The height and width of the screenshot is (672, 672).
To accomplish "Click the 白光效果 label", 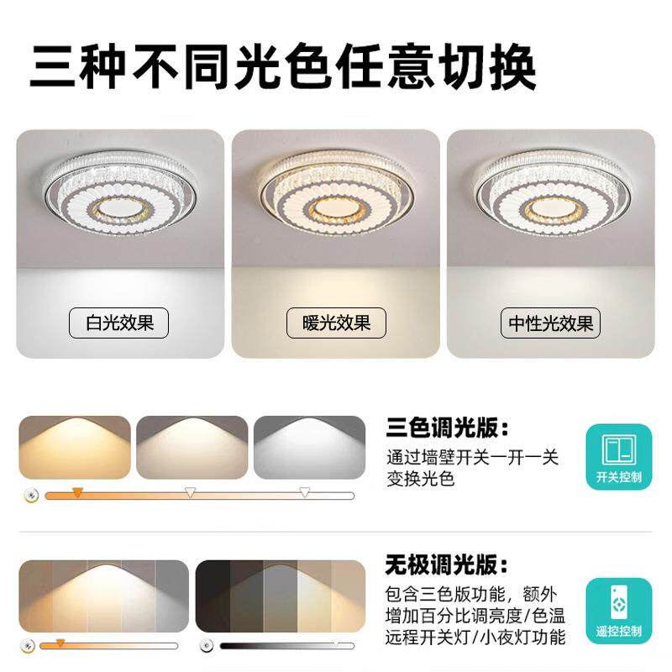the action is [118, 323].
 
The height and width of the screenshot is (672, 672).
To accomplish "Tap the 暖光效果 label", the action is [336, 323].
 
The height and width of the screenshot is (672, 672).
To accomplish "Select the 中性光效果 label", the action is [550, 323].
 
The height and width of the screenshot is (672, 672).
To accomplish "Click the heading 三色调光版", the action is [448, 428].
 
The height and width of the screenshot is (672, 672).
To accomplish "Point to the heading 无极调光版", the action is [447, 564].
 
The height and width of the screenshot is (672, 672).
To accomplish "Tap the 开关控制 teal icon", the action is [619, 457].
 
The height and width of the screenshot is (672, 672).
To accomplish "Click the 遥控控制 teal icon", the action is [619, 611].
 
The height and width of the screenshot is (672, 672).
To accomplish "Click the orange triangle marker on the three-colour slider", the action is [77, 492].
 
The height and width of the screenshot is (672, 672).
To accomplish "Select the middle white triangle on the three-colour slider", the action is [190, 492].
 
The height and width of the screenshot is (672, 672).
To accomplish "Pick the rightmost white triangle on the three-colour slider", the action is [304, 492].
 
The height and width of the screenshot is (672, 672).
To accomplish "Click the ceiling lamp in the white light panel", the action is [120, 193].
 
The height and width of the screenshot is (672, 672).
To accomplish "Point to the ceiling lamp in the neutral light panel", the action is [553, 193].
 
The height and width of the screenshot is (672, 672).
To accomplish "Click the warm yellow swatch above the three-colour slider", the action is [75, 447].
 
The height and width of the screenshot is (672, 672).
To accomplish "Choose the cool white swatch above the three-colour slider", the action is [309, 447].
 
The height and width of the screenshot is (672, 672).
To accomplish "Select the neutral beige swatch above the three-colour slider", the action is [192, 447].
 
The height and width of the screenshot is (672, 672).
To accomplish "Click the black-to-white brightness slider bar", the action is [287, 646].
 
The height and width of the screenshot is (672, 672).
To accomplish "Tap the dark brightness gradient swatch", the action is [281, 596].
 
